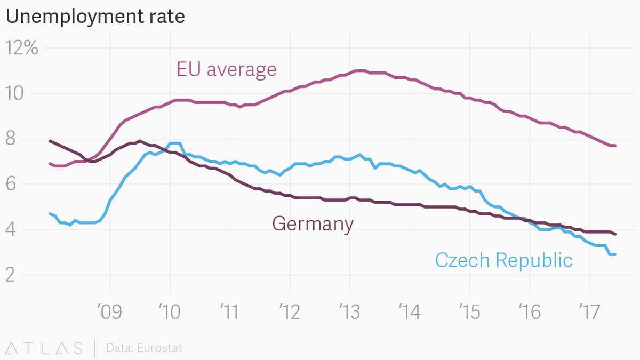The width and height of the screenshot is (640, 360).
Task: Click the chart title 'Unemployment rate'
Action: tap(95, 17)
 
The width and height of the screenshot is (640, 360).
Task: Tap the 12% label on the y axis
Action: tap(22, 49)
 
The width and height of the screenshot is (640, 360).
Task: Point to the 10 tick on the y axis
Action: tap(16, 94)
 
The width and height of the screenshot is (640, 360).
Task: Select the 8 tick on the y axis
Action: tap(11, 139)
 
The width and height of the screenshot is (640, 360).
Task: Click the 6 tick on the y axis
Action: tap(11, 185)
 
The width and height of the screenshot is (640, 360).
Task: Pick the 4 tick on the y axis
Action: tap(11, 230)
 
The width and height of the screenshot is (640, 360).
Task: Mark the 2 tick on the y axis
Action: tap(11, 275)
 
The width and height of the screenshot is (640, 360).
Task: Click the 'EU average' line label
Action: tap(227, 69)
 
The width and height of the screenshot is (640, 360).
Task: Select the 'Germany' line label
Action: tap(313, 223)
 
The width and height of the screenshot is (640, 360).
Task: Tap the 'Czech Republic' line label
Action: tap(503, 260)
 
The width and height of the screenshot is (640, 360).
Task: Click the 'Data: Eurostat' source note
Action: tap(144, 348)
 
